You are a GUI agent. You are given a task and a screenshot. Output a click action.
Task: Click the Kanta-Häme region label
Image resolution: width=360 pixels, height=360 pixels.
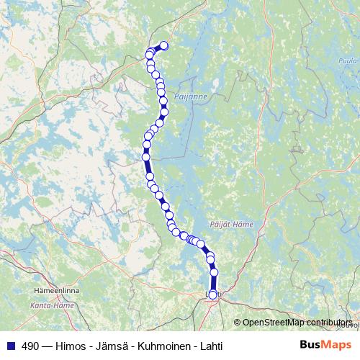pos(49,307)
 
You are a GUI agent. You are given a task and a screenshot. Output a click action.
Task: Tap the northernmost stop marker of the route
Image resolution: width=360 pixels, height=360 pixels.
pos(163,46)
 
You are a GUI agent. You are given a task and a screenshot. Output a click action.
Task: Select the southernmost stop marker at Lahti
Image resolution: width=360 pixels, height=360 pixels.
pos(212,294)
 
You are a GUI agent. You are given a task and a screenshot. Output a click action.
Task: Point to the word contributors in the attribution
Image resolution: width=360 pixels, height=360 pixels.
pos(329,323)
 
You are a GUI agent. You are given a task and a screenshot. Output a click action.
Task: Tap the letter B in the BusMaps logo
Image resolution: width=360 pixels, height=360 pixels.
pos(304,345)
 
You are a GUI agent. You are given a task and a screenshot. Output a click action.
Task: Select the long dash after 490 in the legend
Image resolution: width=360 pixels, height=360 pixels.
pos(47,346)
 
